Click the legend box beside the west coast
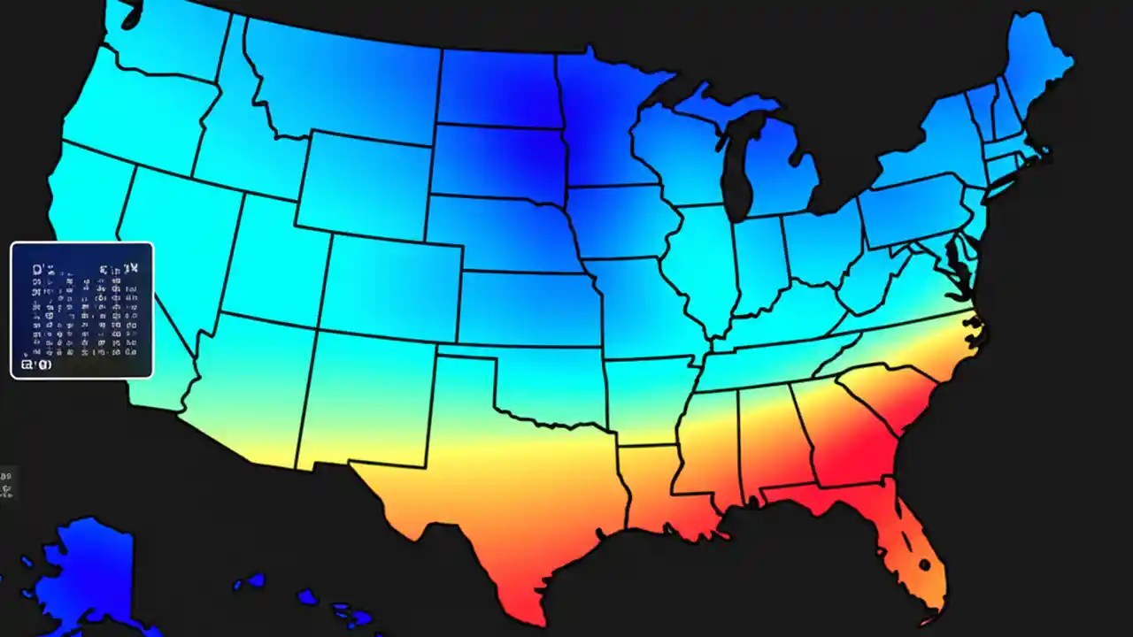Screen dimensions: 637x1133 click(x=81, y=310)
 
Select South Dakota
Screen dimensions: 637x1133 click(x=497, y=159)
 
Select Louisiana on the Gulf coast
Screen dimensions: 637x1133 click(x=655, y=495)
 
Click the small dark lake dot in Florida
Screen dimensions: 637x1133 click(x=923, y=564)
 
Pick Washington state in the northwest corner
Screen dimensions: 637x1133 click(x=168, y=44)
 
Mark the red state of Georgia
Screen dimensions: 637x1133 click(x=850, y=434)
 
